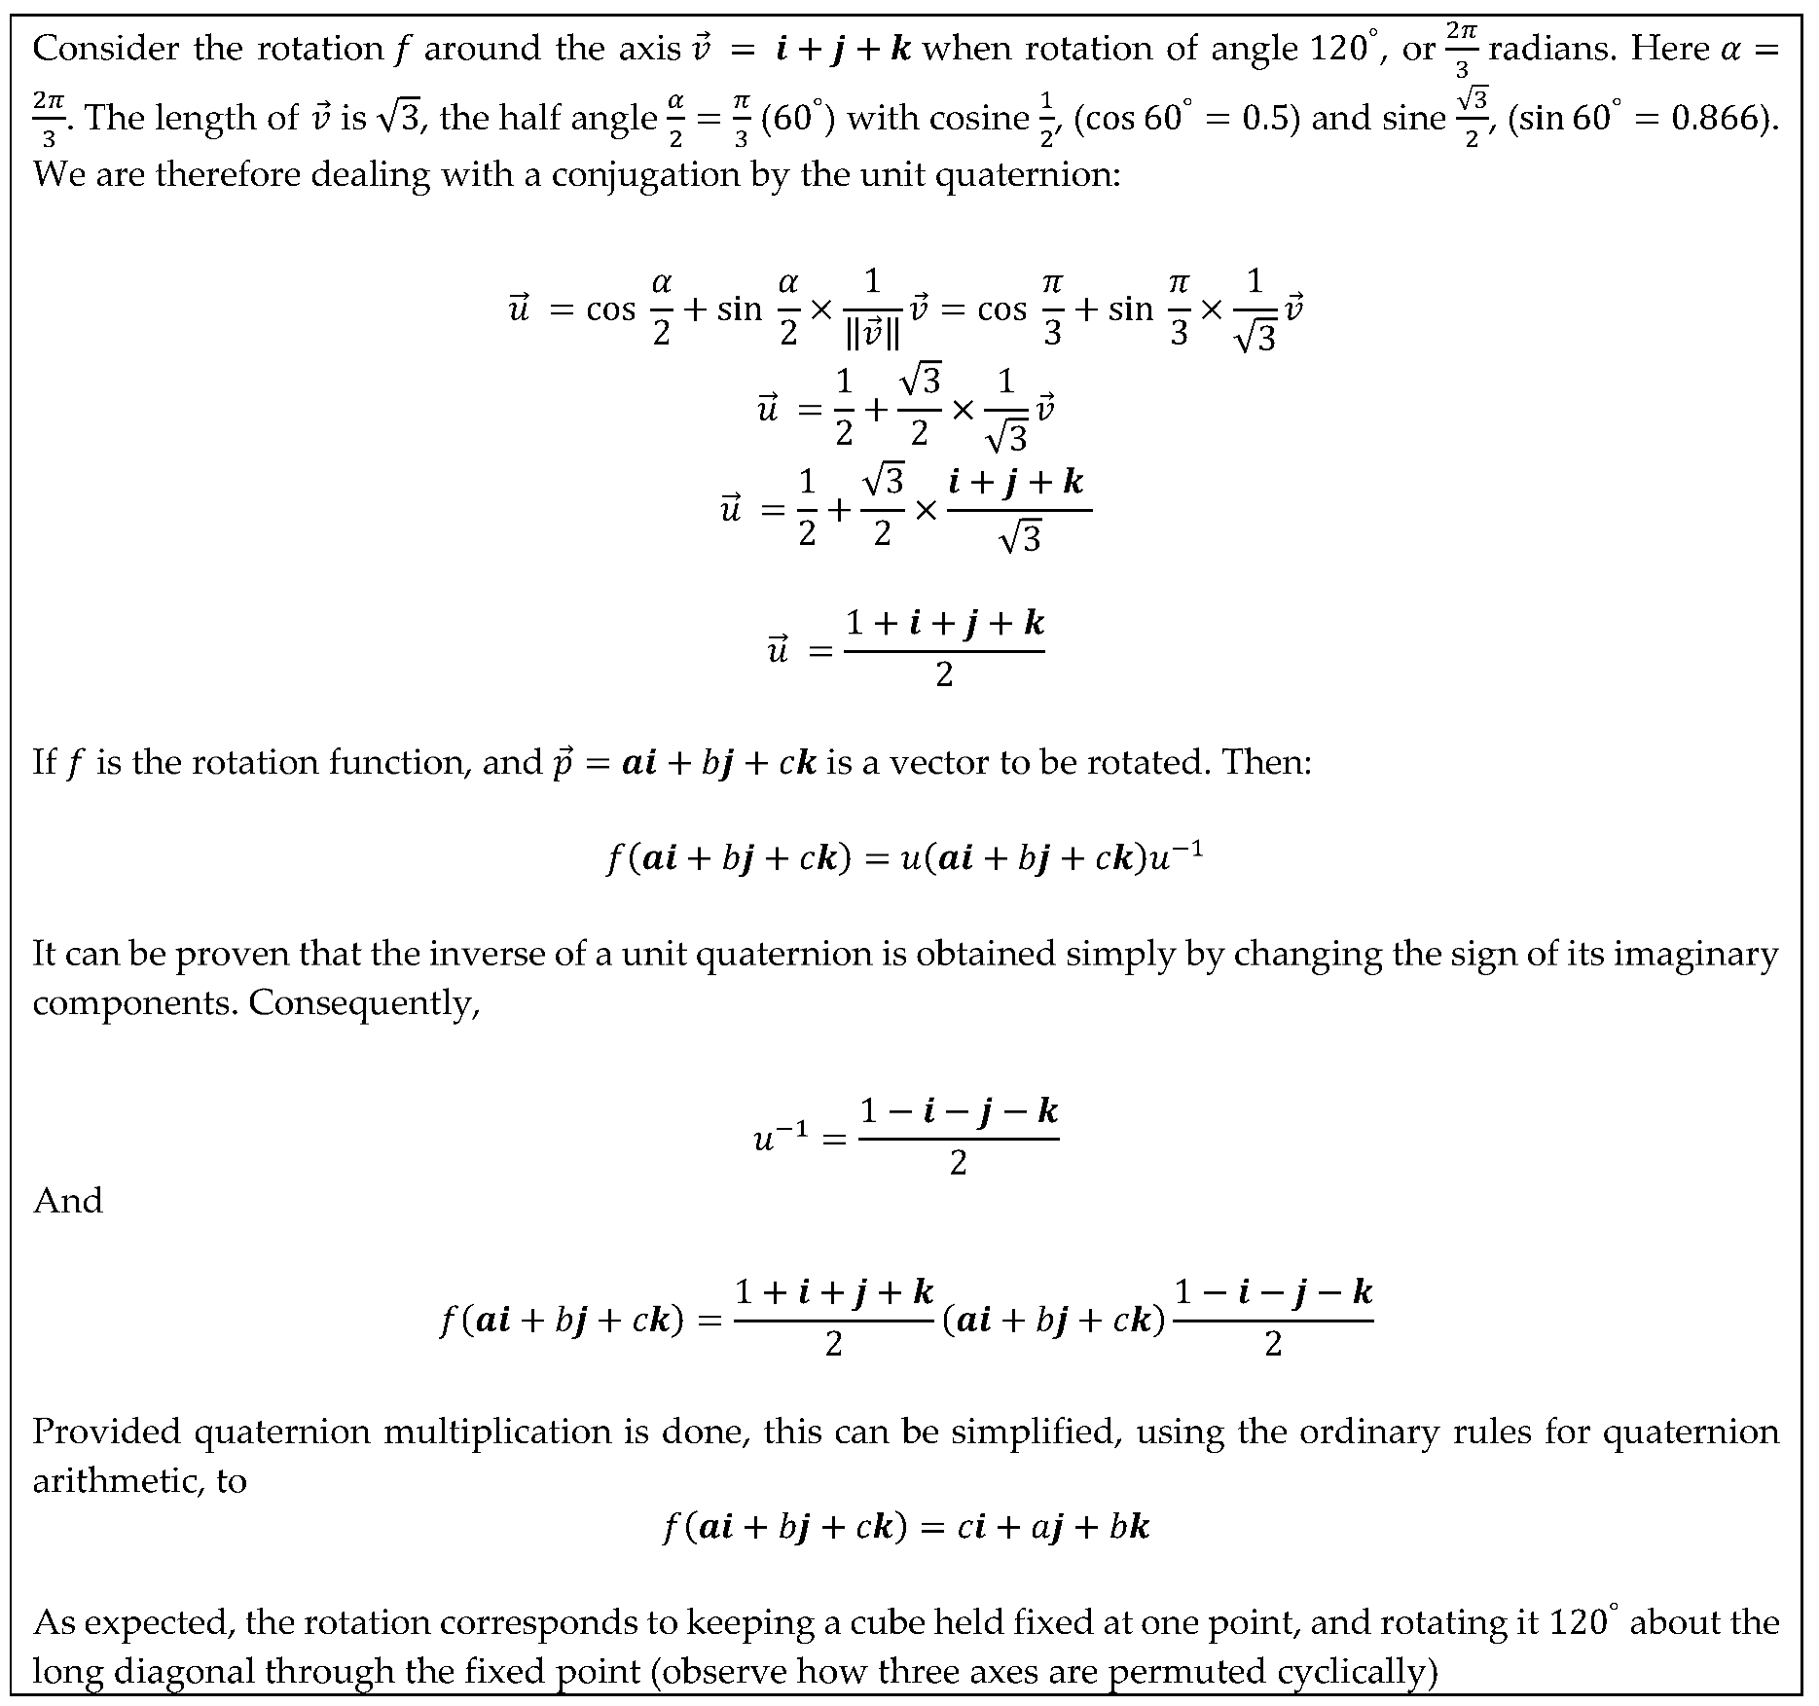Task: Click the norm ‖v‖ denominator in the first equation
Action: (872, 335)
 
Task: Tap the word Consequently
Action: (364, 1002)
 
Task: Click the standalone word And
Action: (67, 1201)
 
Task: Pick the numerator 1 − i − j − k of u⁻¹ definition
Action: (959, 1110)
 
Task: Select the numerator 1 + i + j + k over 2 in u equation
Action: (944, 623)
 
